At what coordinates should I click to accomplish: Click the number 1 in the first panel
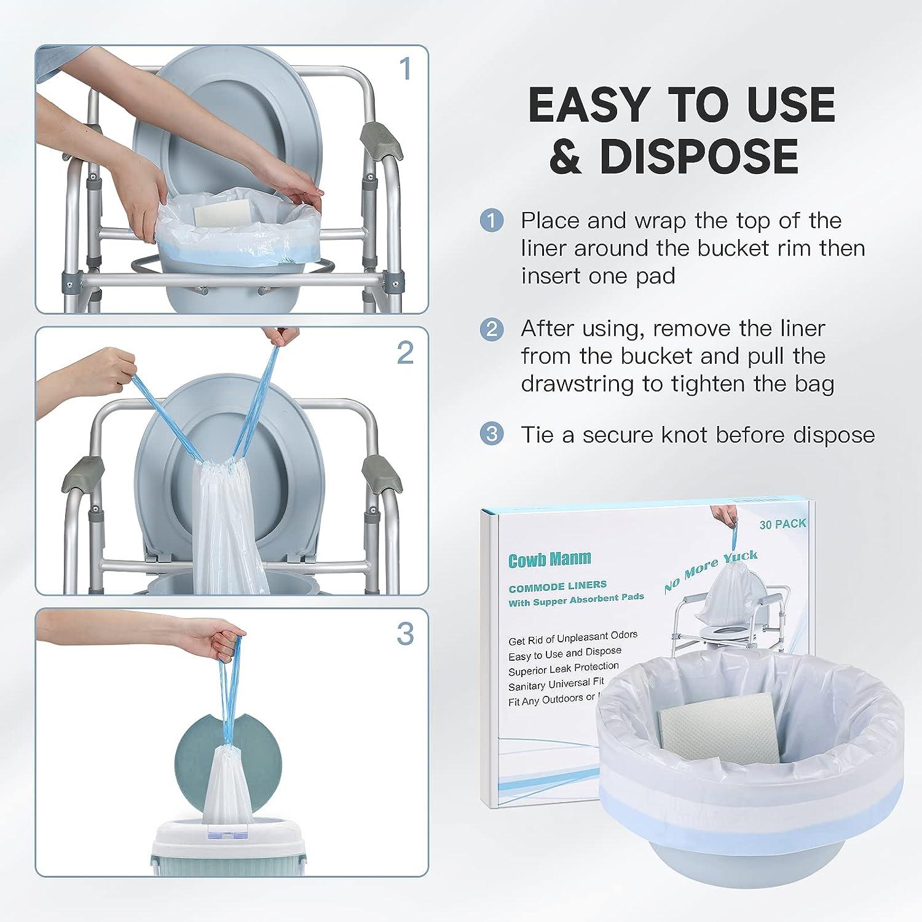pyautogui.click(x=404, y=69)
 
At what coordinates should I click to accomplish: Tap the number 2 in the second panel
pyautogui.click(x=405, y=353)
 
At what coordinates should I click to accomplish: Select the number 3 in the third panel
pyautogui.click(x=405, y=634)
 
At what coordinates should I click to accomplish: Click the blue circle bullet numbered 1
pyautogui.click(x=492, y=221)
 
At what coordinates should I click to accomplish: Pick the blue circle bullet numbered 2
pyautogui.click(x=492, y=329)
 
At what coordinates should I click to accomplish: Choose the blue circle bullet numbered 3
pyautogui.click(x=492, y=434)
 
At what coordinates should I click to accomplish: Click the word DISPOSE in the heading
pyautogui.click(x=699, y=156)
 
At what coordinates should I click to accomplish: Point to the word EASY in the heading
pyautogui.click(x=593, y=104)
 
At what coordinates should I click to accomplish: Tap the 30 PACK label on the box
pyautogui.click(x=782, y=524)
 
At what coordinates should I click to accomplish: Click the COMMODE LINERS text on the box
pyautogui.click(x=558, y=585)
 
